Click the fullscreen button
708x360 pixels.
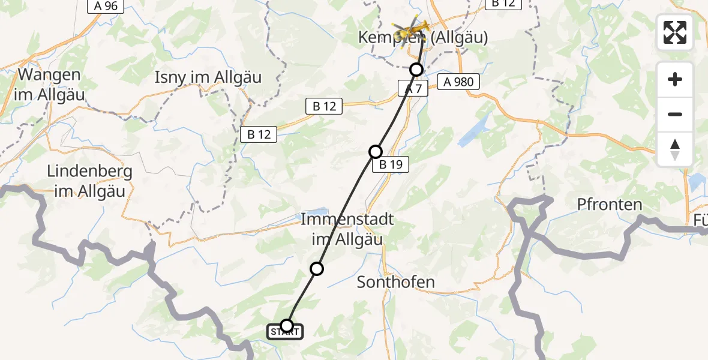coord(675,32)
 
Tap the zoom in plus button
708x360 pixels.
coord(675,79)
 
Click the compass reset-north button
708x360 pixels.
coord(675,149)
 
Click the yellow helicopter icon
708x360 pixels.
coord(411,28)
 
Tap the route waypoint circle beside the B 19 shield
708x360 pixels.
coord(376,152)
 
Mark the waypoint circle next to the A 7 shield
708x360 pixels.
coord(416,70)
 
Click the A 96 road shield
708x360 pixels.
coord(106,7)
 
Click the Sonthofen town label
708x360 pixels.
coord(396,282)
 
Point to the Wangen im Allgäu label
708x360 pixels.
coord(50,85)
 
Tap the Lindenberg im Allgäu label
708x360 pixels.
coord(89,180)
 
